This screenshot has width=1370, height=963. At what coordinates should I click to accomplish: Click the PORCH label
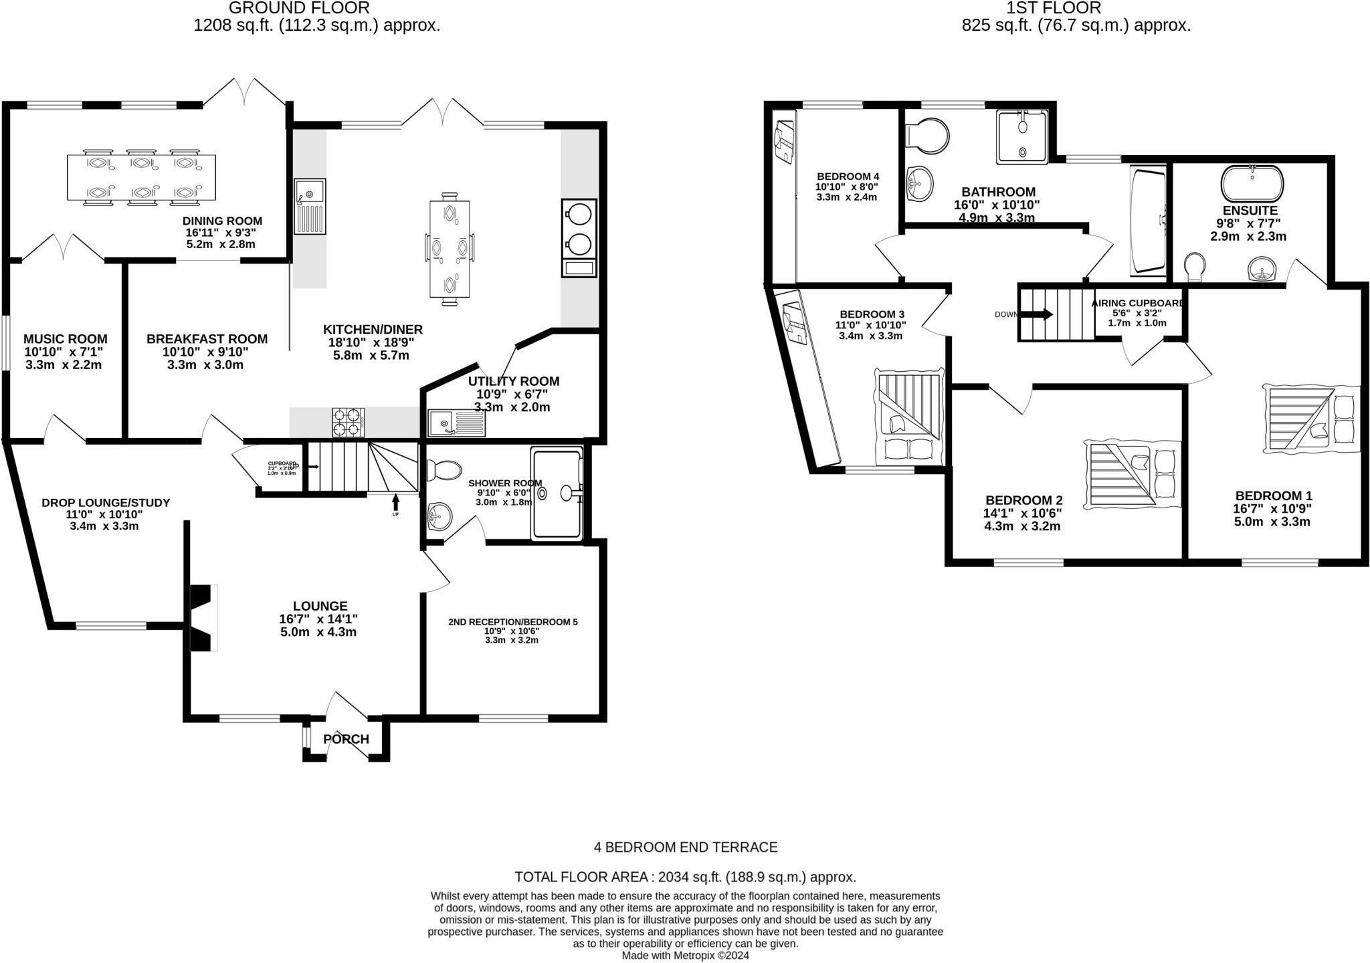(346, 739)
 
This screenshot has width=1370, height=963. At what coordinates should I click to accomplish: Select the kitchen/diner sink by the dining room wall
(310, 206)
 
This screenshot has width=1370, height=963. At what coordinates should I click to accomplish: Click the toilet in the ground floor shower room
(444, 470)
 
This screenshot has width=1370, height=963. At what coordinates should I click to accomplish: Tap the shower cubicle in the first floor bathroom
(1022, 137)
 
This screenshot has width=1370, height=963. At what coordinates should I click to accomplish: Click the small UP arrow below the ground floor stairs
(395, 501)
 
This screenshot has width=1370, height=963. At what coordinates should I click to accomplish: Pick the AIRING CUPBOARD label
(1137, 303)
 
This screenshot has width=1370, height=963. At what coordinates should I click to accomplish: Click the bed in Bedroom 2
(1131, 474)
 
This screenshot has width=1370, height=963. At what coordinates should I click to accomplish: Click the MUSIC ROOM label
(65, 339)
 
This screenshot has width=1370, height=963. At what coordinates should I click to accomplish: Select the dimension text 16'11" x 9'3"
(221, 233)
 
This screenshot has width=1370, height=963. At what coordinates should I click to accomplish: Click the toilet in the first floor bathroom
(927, 134)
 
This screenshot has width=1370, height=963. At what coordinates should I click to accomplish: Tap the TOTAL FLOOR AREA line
(685, 877)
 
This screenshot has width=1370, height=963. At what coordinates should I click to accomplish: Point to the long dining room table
(142, 178)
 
